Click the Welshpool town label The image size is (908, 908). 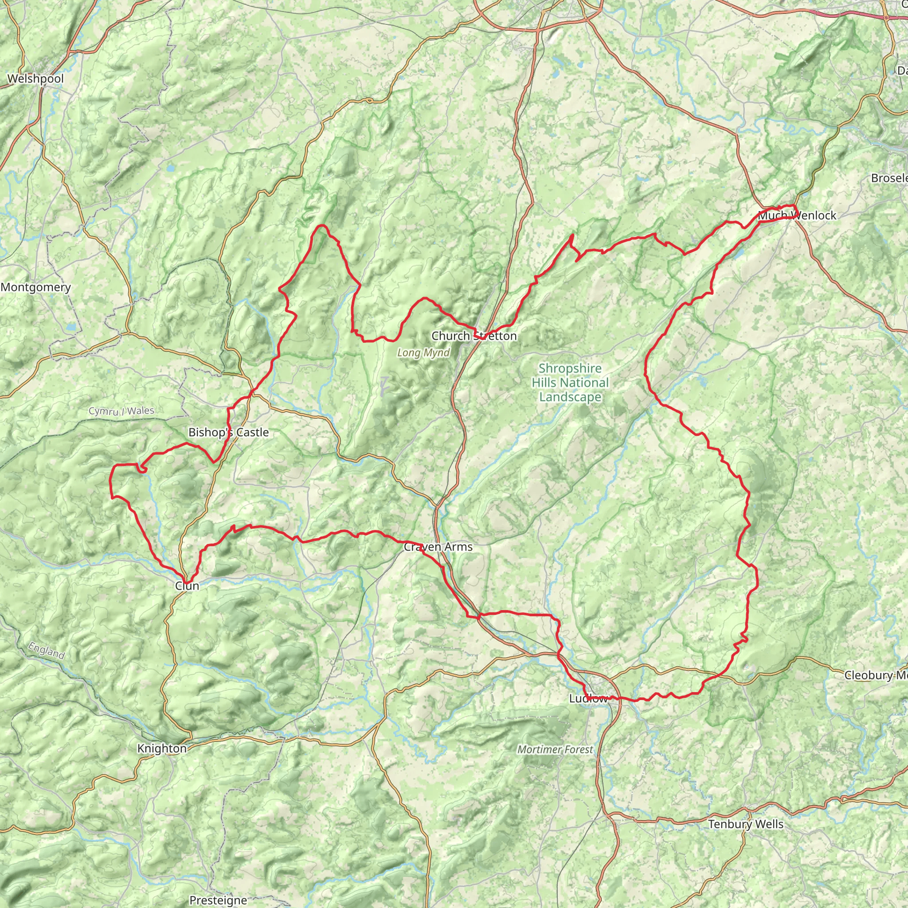click(x=36, y=78)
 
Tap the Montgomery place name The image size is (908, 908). click(x=36, y=287)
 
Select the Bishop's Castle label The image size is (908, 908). click(x=228, y=432)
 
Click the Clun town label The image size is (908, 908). click(x=187, y=586)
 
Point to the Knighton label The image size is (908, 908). click(x=162, y=748)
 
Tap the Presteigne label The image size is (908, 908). click(x=218, y=900)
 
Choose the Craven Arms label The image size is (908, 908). click(x=438, y=547)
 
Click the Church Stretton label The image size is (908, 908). click(x=474, y=336)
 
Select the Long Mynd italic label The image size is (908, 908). click(x=423, y=352)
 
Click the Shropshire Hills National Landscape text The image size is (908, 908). click(x=570, y=383)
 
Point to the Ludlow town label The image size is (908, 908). click(x=588, y=698)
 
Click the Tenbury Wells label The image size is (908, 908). click(x=746, y=824)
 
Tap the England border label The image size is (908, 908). click(x=46, y=650)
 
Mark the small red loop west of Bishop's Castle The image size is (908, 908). click(x=143, y=469)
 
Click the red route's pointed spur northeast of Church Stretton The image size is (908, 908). click(x=572, y=236)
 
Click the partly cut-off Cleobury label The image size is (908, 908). click(x=876, y=675)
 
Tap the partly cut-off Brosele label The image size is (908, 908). click(x=889, y=178)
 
